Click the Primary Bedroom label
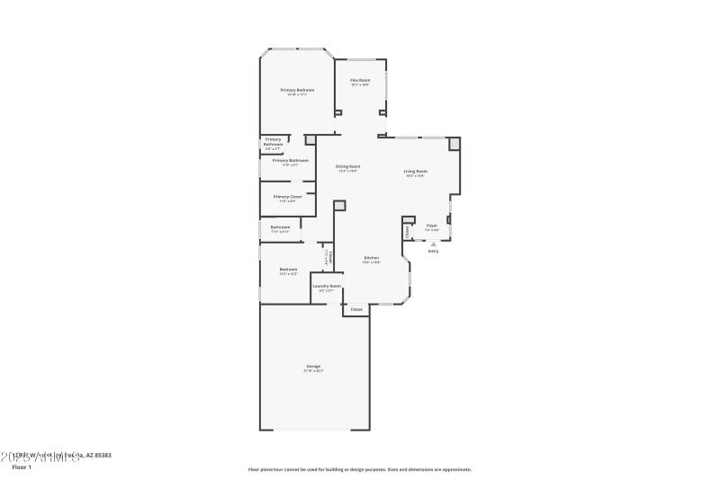297,90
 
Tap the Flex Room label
360,80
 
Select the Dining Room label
348,166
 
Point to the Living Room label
415,171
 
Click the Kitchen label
372,258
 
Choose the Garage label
313,366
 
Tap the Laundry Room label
327,286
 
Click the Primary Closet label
288,196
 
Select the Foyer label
432,226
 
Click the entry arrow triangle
433,244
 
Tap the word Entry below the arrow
433,252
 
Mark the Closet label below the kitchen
356,309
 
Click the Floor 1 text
22,467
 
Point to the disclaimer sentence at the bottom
360,469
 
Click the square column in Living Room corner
454,143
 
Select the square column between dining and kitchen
339,206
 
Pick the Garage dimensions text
313,370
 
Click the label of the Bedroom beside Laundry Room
288,269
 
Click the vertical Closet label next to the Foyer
408,232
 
